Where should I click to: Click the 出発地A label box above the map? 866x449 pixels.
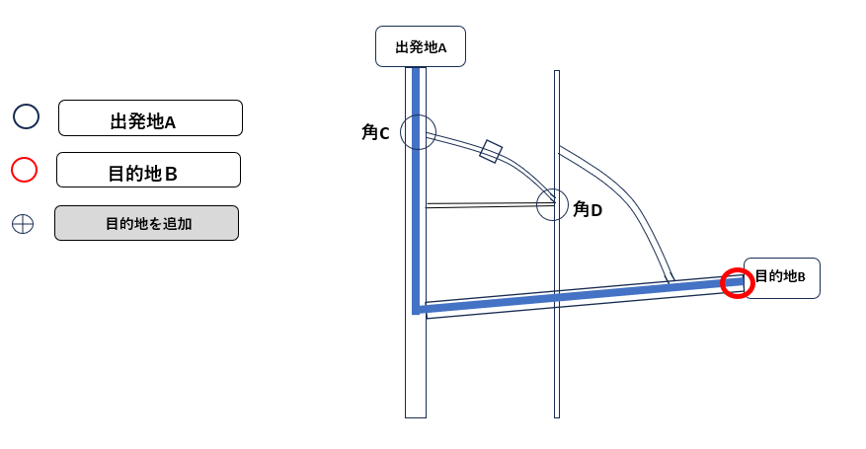[x=420, y=46]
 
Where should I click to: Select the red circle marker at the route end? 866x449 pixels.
[x=737, y=283]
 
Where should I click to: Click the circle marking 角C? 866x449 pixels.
[x=418, y=132]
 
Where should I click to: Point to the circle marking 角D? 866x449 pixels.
[x=552, y=205]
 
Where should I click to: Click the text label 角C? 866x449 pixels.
[x=376, y=132]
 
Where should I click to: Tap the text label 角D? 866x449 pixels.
[x=588, y=209]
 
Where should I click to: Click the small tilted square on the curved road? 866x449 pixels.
[x=491, y=151]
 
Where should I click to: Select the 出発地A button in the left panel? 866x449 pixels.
[x=150, y=118]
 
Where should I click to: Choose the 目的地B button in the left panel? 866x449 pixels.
[x=148, y=170]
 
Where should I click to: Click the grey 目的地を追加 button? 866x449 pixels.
[x=146, y=223]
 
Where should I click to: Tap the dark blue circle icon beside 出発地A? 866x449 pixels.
[x=26, y=116]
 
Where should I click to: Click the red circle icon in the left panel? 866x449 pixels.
[x=24, y=170]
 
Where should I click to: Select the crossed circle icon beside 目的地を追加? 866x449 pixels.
[x=23, y=224]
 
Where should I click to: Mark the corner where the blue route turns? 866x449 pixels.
[x=417, y=310]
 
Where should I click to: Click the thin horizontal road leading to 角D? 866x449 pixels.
[x=484, y=205]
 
